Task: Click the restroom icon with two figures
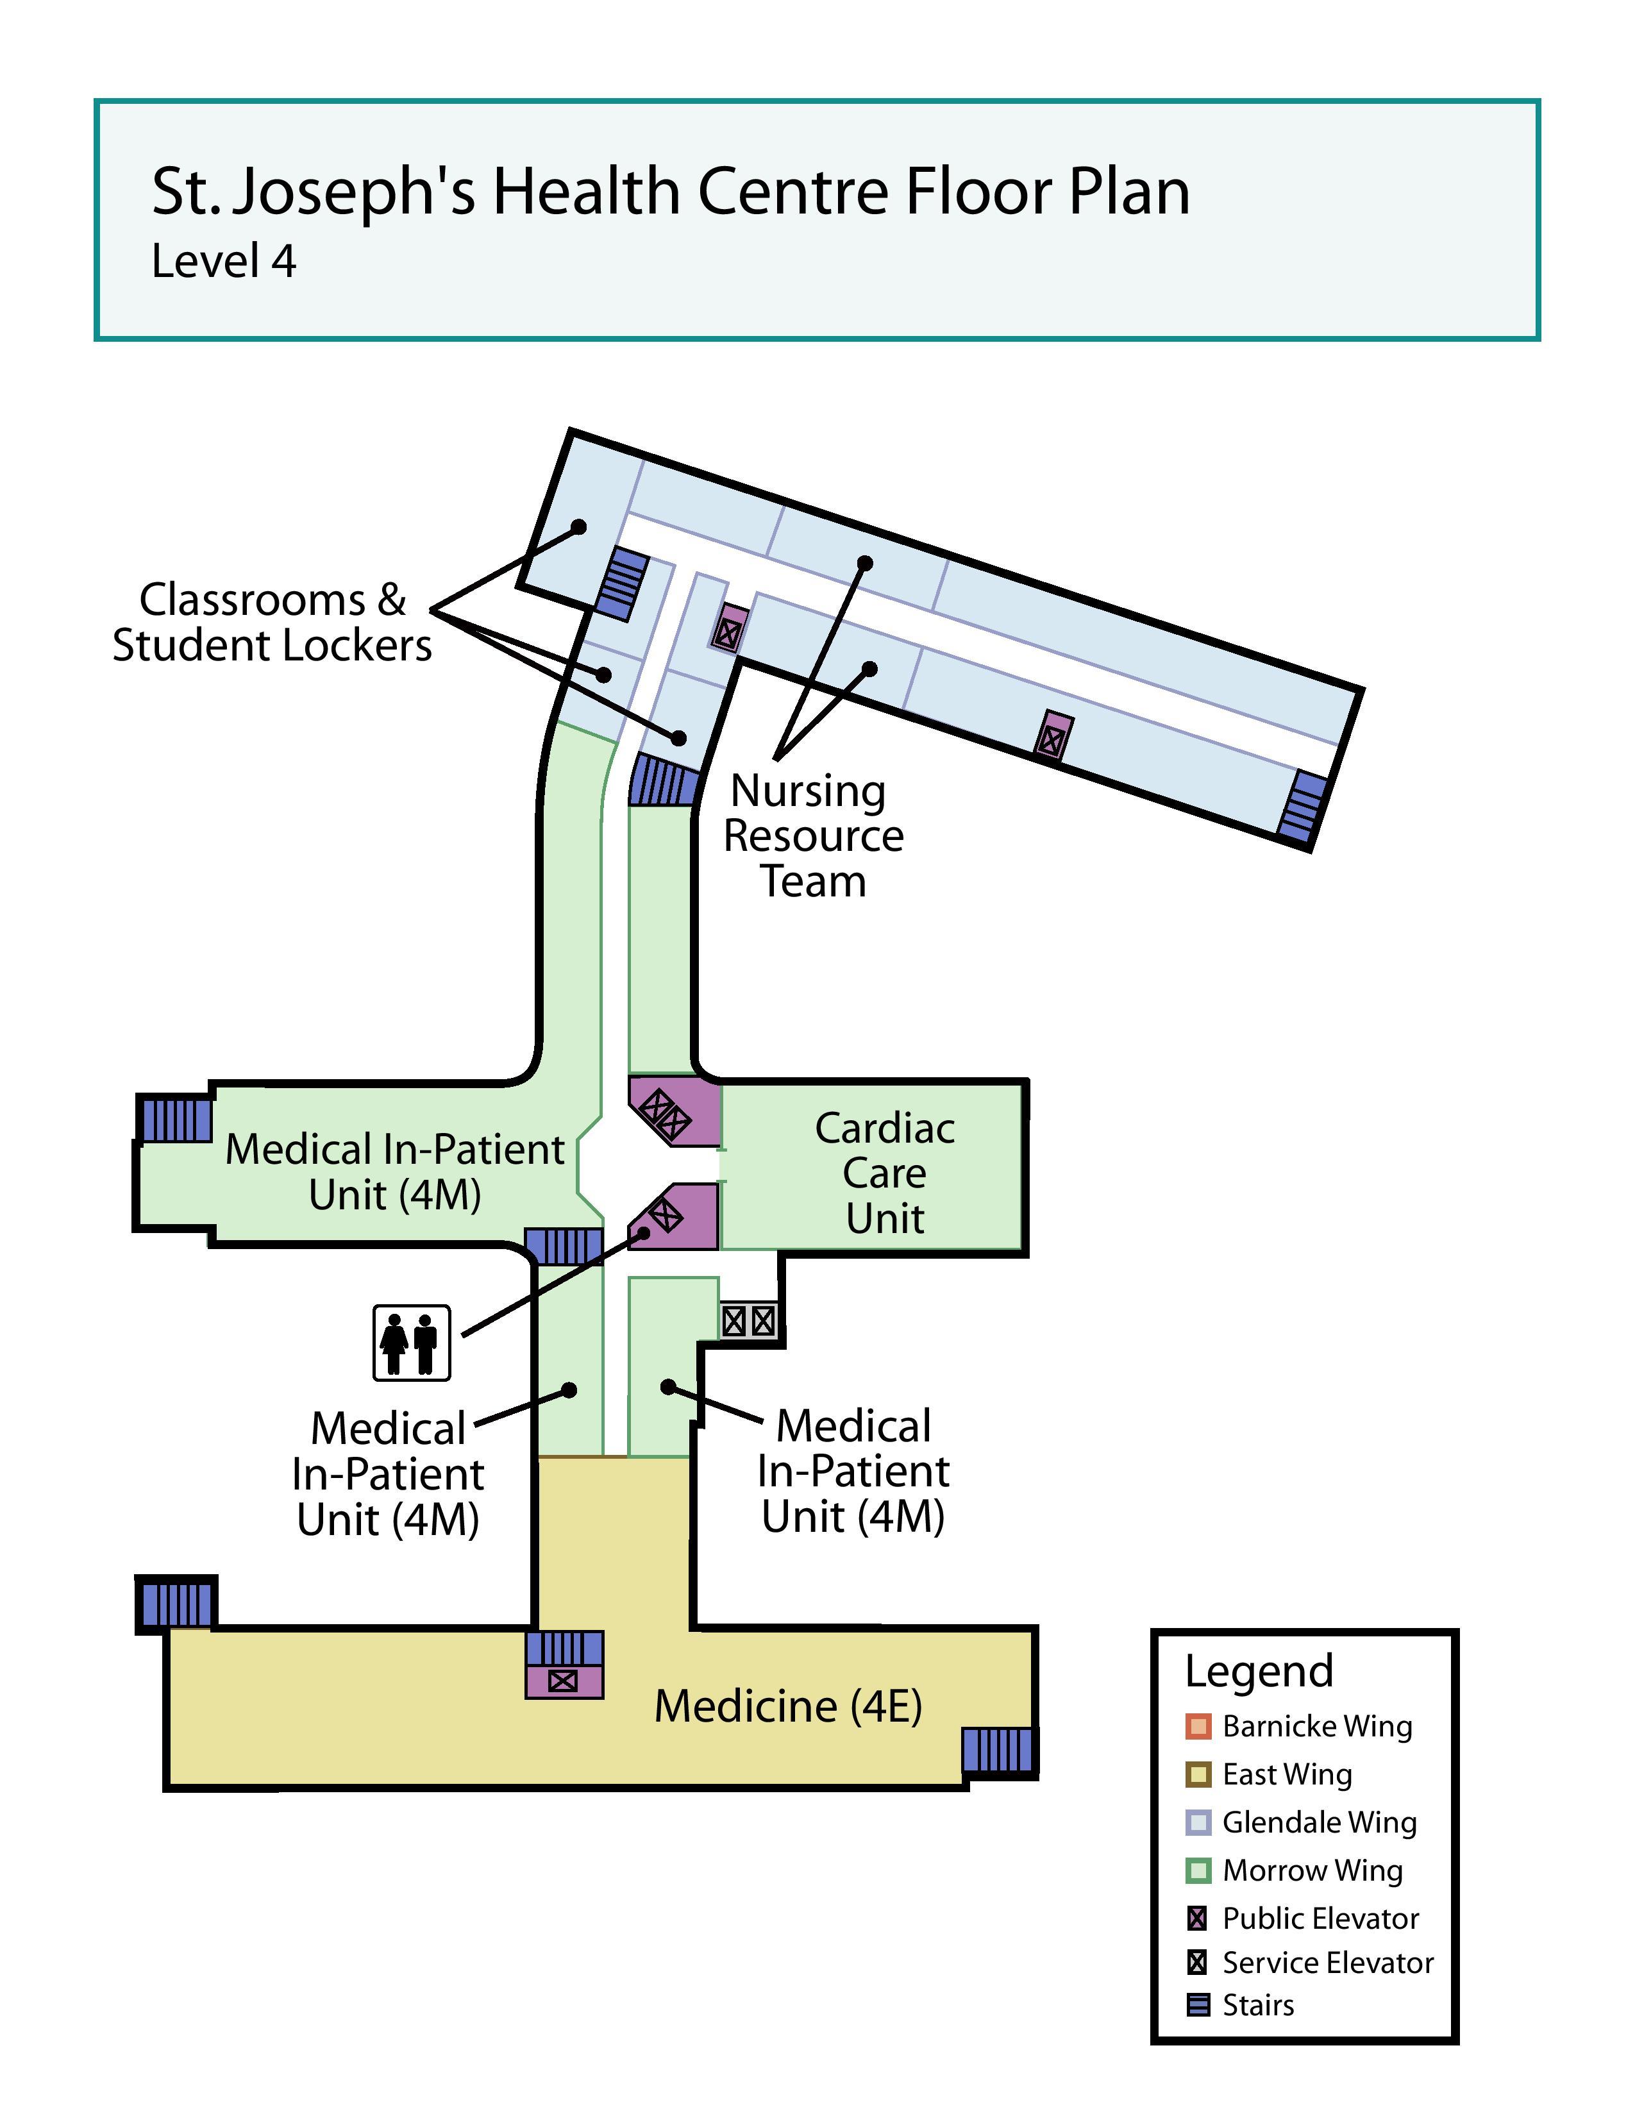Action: click(x=412, y=1342)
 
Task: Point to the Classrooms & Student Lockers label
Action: click(x=272, y=622)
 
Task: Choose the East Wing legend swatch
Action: click(x=1198, y=1774)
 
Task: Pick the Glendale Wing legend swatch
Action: click(x=1198, y=1822)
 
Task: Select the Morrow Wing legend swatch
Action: click(x=1198, y=1870)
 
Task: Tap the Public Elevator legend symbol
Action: click(x=1198, y=1919)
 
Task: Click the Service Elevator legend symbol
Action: click(x=1198, y=1963)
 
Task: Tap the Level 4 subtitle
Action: click(x=224, y=262)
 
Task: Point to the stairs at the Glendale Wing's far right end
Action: click(x=1301, y=806)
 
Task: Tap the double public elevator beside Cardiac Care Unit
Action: click(x=674, y=1111)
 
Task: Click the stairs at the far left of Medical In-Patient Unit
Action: click(x=175, y=1120)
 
